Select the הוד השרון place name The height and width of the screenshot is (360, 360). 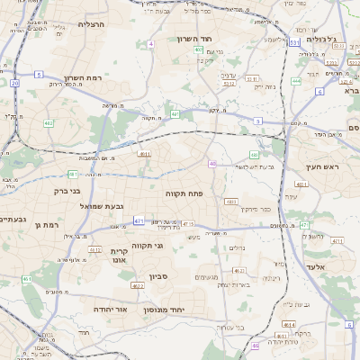[x=217, y=39]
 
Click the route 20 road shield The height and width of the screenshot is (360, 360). [x=15, y=83]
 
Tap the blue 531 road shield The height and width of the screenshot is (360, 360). [x=294, y=41]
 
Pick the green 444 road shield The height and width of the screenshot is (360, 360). [x=295, y=81]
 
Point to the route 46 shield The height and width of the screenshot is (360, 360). [x=212, y=164]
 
